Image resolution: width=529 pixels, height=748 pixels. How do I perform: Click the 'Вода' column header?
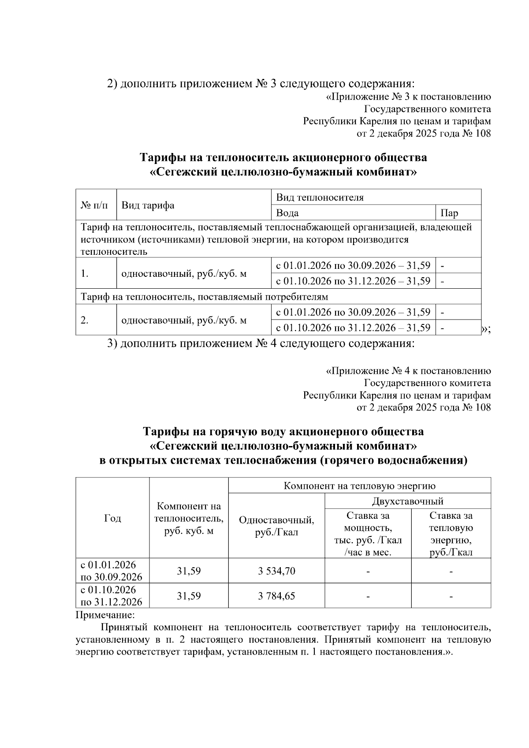tap(287, 213)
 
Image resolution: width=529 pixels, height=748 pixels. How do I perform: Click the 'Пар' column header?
tap(449, 213)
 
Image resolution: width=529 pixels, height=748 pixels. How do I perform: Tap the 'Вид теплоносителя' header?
tap(320, 197)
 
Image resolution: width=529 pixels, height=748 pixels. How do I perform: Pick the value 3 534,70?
tap(276, 571)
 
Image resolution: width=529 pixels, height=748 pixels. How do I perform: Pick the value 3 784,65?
tap(276, 596)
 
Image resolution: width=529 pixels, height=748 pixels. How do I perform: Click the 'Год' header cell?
tap(112, 518)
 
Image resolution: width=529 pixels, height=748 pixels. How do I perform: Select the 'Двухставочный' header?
tap(407, 501)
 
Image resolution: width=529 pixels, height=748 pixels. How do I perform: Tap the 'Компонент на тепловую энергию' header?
tap(359, 486)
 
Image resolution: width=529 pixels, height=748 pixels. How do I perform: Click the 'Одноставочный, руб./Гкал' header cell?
tap(276, 526)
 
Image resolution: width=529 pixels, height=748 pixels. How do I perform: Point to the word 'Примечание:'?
tap(105, 614)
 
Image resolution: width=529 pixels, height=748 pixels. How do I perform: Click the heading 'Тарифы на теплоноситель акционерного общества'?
tap(283, 157)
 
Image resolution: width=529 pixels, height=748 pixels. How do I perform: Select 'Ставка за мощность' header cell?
tap(368, 533)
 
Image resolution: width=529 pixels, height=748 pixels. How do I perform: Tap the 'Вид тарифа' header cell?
tap(148, 205)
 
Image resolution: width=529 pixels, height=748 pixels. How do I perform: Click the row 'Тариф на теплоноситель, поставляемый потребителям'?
tap(204, 296)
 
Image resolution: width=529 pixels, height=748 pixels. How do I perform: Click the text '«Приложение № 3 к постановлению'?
tap(408, 97)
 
